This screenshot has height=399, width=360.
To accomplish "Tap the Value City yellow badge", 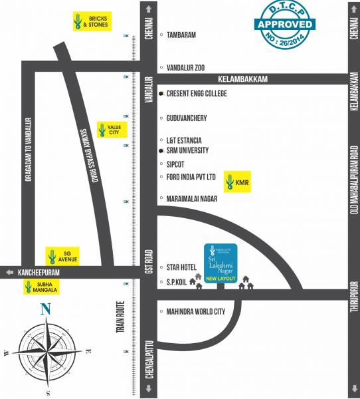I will pyautogui.click(x=107, y=129).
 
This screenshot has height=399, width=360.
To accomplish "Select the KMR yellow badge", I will pyautogui.click(x=238, y=180).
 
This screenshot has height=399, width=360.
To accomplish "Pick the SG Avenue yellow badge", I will pyautogui.click(x=60, y=255).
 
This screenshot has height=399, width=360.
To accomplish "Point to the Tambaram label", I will pyautogui.click(x=181, y=35).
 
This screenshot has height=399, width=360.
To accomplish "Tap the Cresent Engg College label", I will pyautogui.click(x=196, y=94).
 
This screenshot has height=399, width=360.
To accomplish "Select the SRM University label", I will pyautogui.click(x=187, y=151).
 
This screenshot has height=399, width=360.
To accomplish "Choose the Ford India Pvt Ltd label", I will pyautogui.click(x=191, y=177).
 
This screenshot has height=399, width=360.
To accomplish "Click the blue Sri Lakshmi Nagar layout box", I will pyautogui.click(x=223, y=262).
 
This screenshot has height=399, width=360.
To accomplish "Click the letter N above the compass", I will pyautogui.click(x=46, y=309).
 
